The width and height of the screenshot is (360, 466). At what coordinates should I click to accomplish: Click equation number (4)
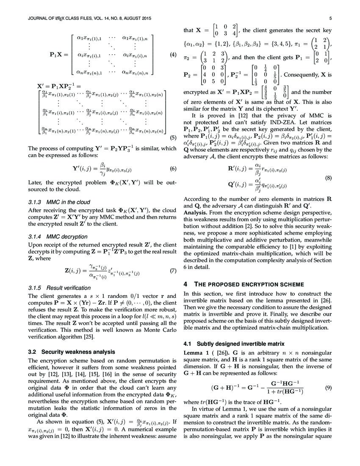(x=172, y=55)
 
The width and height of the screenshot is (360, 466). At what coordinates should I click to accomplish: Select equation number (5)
(x=172, y=137)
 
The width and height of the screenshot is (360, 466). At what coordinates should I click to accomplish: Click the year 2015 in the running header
(x=144, y=18)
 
